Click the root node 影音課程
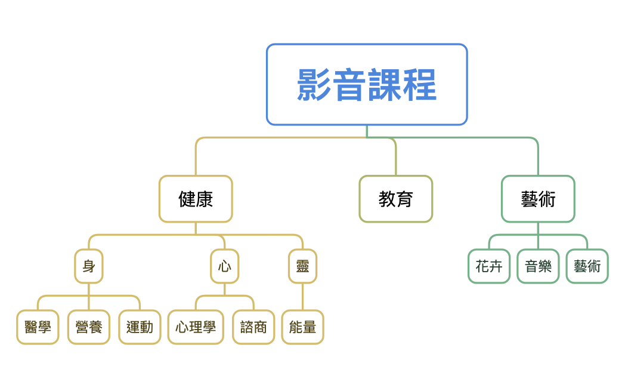pyautogui.click(x=366, y=84)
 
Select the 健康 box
pyautogui.click(x=196, y=199)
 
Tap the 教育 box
pyautogui.click(x=395, y=199)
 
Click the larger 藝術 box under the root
pyautogui.click(x=538, y=199)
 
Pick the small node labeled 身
pyautogui.click(x=89, y=266)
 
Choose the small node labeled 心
pyautogui.click(x=225, y=266)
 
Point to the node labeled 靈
pyautogui.click(x=302, y=266)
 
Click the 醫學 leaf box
pyautogui.click(x=38, y=327)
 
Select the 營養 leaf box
pyautogui.click(x=89, y=327)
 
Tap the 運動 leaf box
pyautogui.click(x=140, y=327)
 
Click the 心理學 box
pyautogui.click(x=196, y=327)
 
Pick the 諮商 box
pyautogui.click(x=253, y=327)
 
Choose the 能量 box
pyautogui.click(x=302, y=327)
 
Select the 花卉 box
pyautogui.click(x=489, y=266)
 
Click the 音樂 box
pyautogui.click(x=538, y=266)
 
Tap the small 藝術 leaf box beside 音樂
pyautogui.click(x=587, y=266)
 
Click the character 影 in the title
pyautogui.click(x=314, y=85)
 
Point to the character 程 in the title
pyautogui.click(x=419, y=85)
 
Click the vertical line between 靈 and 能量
pyautogui.click(x=302, y=297)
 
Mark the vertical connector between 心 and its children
pyautogui.click(x=225, y=289)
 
